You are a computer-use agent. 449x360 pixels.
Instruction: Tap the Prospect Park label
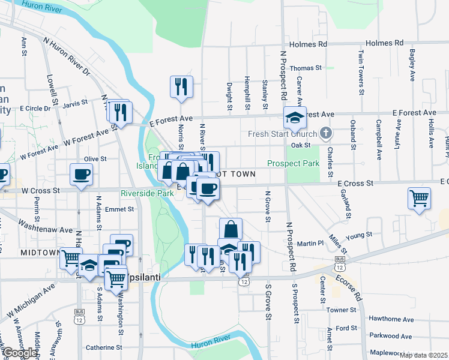coord(293,163)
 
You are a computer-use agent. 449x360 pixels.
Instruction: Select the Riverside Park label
coord(147,193)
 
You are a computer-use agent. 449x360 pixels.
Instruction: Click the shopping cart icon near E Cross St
coord(420,198)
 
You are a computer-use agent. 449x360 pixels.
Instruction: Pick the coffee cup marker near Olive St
coord(81,175)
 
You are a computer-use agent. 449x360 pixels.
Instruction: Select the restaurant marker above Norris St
coord(181,86)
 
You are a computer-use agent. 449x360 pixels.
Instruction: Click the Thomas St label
coord(306,68)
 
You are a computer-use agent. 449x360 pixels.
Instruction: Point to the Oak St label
coord(300,145)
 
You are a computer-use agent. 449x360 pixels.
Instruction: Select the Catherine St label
coord(104,347)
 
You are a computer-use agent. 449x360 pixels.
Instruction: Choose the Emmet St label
coord(119,209)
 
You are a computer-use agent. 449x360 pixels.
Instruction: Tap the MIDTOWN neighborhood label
coord(40,253)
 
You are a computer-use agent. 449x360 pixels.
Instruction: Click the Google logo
coord(19,353)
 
